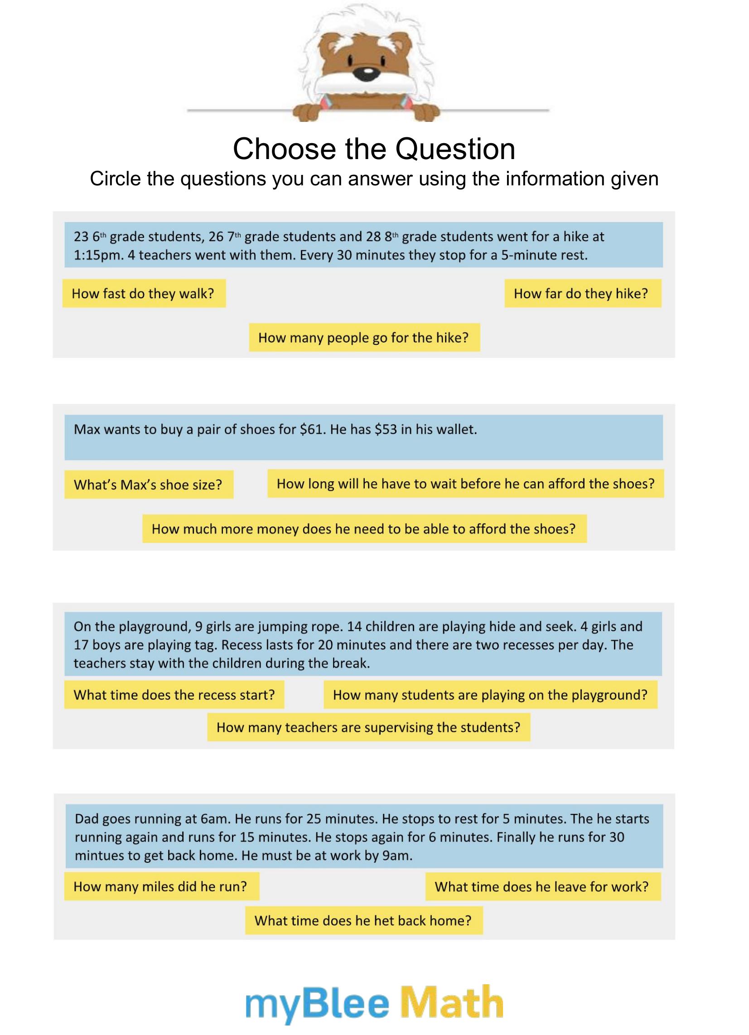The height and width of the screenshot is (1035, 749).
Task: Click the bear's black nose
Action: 367,73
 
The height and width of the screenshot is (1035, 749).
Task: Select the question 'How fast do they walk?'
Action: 144,294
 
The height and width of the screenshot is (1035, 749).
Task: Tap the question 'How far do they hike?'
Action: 582,294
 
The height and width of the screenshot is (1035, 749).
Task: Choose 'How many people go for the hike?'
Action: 364,338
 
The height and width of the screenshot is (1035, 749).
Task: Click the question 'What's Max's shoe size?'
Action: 148,484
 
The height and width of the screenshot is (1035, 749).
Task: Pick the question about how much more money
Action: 364,529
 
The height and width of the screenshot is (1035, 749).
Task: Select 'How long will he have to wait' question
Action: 465,484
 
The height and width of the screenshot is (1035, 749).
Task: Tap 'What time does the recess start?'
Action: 174,695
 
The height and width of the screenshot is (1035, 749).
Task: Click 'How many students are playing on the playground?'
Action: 490,695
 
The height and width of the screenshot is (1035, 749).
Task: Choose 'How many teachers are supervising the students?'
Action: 368,727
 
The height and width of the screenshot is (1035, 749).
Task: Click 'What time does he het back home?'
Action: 363,920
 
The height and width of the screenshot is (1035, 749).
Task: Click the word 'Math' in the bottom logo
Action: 452,1002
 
